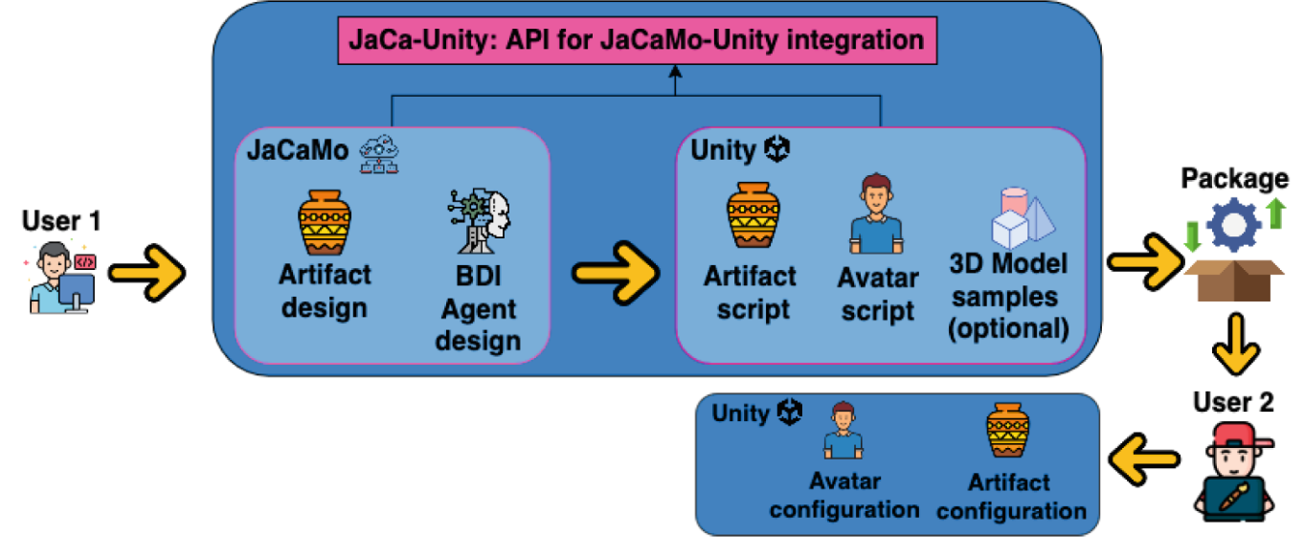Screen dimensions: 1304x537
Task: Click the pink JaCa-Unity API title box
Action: tap(638, 40)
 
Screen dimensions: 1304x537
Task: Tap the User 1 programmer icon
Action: tap(60, 279)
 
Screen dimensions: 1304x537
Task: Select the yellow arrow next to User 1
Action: tap(147, 273)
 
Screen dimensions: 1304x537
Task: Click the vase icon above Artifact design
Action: tap(325, 223)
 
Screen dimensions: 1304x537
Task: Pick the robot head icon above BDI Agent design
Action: tap(479, 221)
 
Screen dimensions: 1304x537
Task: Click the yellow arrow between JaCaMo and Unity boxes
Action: tap(616, 273)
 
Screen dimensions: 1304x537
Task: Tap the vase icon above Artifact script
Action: tap(753, 214)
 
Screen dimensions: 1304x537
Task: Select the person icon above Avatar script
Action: tap(876, 213)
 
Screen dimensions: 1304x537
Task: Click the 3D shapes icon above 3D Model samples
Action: tap(1023, 217)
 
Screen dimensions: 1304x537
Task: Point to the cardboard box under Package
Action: tap(1234, 280)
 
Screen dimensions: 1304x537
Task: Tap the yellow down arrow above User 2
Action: tap(1236, 345)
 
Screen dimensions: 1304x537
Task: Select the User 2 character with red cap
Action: tap(1233, 472)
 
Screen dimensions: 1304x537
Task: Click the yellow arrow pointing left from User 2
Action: tap(1144, 459)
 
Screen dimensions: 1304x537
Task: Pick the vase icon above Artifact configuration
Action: tap(1008, 430)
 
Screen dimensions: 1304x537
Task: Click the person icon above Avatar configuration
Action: tap(843, 430)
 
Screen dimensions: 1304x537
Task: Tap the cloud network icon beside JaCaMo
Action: tap(379, 154)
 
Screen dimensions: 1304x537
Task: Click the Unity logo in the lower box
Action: tap(790, 413)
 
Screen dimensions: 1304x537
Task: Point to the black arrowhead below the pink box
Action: tap(675, 72)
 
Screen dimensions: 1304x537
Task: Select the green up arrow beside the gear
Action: tap(1276, 213)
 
